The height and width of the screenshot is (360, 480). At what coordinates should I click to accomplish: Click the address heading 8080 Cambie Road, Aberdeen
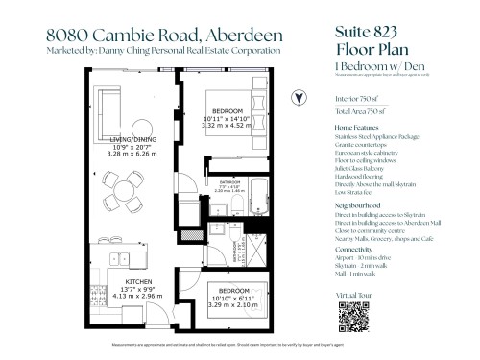click(x=159, y=33)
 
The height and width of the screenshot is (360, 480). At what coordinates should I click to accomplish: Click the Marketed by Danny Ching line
click(x=163, y=50)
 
